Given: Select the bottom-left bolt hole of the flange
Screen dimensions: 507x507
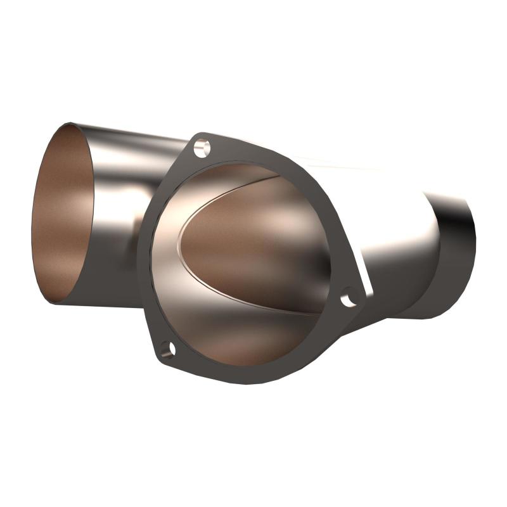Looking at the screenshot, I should (x=167, y=349).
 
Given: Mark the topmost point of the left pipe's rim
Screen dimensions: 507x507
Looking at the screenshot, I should (x=70, y=123).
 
